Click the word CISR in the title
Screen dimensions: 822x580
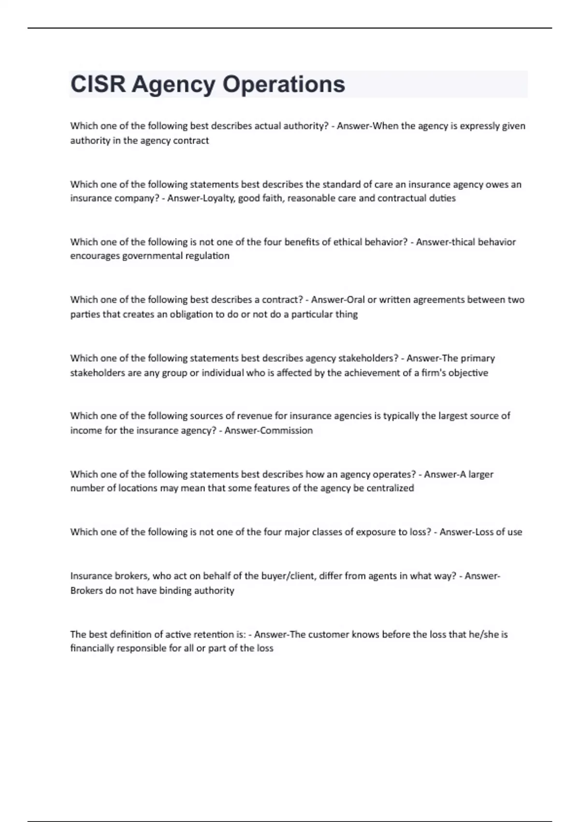pos(98,84)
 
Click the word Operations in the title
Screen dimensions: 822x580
pos(284,84)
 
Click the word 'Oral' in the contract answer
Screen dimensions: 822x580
pos(357,300)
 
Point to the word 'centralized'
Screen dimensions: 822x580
pos(390,488)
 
